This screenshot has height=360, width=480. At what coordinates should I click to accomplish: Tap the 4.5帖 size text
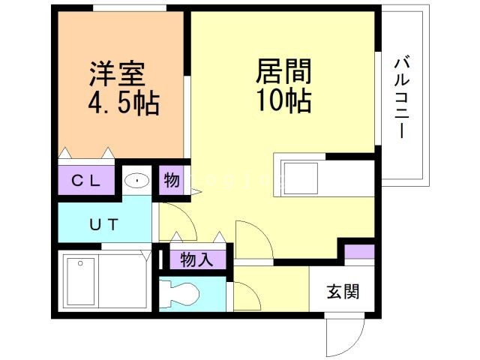click(x=124, y=103)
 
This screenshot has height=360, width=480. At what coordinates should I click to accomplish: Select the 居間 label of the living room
click(x=284, y=72)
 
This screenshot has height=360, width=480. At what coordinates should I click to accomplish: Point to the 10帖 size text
click(x=284, y=100)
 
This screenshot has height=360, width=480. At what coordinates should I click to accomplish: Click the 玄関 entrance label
click(x=342, y=291)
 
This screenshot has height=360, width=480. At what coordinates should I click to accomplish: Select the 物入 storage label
click(x=197, y=260)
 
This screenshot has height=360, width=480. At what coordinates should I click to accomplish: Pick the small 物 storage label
click(x=172, y=181)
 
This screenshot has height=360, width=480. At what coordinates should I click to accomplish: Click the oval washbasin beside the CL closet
click(x=136, y=181)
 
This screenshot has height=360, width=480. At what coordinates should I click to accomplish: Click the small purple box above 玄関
click(x=358, y=252)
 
